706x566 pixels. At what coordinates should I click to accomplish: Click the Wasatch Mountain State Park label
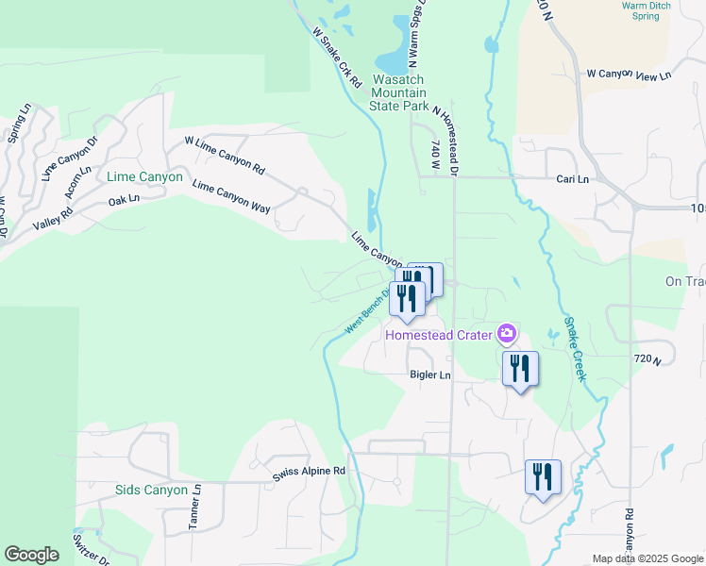399,92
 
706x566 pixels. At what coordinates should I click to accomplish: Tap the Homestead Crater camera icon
507,333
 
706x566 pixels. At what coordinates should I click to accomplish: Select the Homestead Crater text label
439,335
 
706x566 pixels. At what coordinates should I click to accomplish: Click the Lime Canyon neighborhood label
144,176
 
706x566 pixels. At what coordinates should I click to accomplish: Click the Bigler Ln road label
429,375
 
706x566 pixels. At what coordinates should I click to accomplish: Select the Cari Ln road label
572,178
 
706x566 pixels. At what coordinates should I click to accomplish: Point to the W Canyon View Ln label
629,74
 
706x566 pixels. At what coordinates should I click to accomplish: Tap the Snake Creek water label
575,348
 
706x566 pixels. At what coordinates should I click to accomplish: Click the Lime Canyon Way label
231,193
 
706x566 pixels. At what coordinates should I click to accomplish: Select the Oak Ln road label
124,199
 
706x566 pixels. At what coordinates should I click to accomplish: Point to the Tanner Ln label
194,505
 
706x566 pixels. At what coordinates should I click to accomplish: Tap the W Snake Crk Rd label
337,58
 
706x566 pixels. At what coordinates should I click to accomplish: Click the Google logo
31,555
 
